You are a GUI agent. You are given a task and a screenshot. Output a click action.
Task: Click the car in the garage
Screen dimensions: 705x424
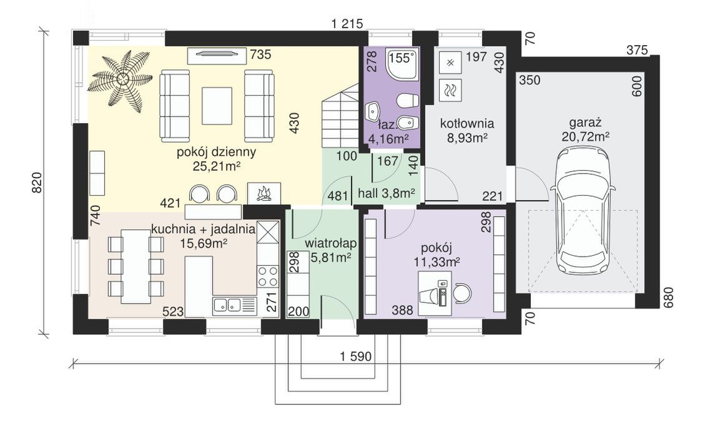582,211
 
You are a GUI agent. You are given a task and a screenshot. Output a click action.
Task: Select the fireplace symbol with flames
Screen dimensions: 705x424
264,193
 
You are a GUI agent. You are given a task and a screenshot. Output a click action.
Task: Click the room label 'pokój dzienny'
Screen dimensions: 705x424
216,152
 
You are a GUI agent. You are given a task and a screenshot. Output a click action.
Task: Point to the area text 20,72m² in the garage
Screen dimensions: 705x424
585,137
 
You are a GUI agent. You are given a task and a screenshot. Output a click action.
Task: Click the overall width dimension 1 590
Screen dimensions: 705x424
356,357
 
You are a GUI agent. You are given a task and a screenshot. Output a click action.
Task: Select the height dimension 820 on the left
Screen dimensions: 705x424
37,182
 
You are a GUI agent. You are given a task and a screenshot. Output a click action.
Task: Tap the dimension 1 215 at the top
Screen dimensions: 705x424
347,24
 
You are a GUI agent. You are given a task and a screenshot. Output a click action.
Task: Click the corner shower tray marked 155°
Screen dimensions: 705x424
401,63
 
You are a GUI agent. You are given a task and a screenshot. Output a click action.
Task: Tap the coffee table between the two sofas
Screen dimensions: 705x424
217,106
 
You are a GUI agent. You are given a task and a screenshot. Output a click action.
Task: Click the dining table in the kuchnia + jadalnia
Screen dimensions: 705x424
136,266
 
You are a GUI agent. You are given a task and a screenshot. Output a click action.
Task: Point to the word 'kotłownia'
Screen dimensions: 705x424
467,123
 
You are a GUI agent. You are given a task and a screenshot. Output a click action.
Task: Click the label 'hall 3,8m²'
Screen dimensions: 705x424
387,194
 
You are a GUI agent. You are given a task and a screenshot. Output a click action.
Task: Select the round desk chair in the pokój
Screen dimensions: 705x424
463,293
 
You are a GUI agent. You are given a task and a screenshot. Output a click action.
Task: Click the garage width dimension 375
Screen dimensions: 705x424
638,49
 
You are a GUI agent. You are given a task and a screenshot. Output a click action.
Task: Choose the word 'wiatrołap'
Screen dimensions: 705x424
331,243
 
